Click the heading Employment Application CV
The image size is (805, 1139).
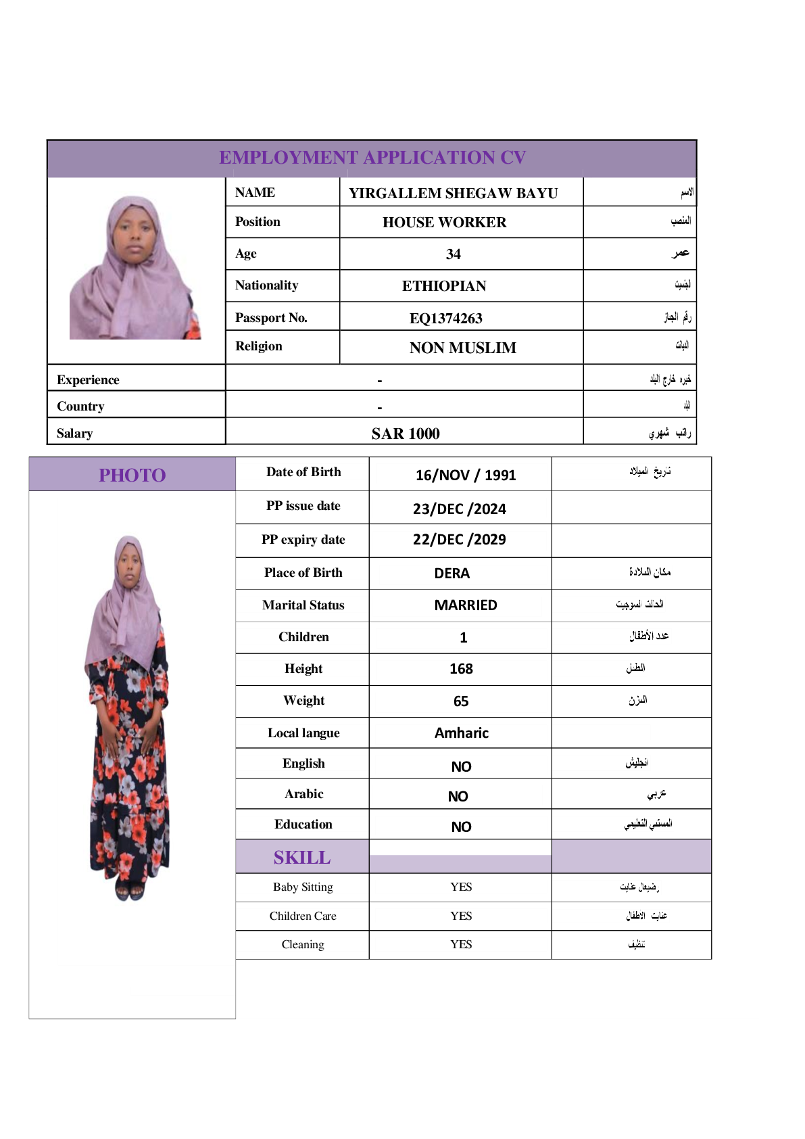(372, 158)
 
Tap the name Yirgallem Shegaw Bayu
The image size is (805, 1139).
(453, 193)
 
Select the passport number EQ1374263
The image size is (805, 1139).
(445, 318)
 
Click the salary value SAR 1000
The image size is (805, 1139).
(405, 434)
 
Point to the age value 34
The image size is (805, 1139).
(453, 254)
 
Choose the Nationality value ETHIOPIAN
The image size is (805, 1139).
(444, 286)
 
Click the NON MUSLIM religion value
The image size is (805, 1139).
(462, 348)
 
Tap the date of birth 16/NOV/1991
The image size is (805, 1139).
(465, 475)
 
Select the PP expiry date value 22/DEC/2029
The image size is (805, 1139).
(459, 540)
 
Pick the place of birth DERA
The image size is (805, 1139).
(452, 574)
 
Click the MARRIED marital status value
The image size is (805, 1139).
(465, 605)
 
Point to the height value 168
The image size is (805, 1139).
(461, 669)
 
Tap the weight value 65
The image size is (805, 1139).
(461, 701)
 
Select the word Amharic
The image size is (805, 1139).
(461, 733)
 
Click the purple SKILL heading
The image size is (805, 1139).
(302, 858)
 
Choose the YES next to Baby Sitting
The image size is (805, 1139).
(461, 887)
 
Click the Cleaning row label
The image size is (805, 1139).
(303, 944)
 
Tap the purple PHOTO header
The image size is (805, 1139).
(132, 475)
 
